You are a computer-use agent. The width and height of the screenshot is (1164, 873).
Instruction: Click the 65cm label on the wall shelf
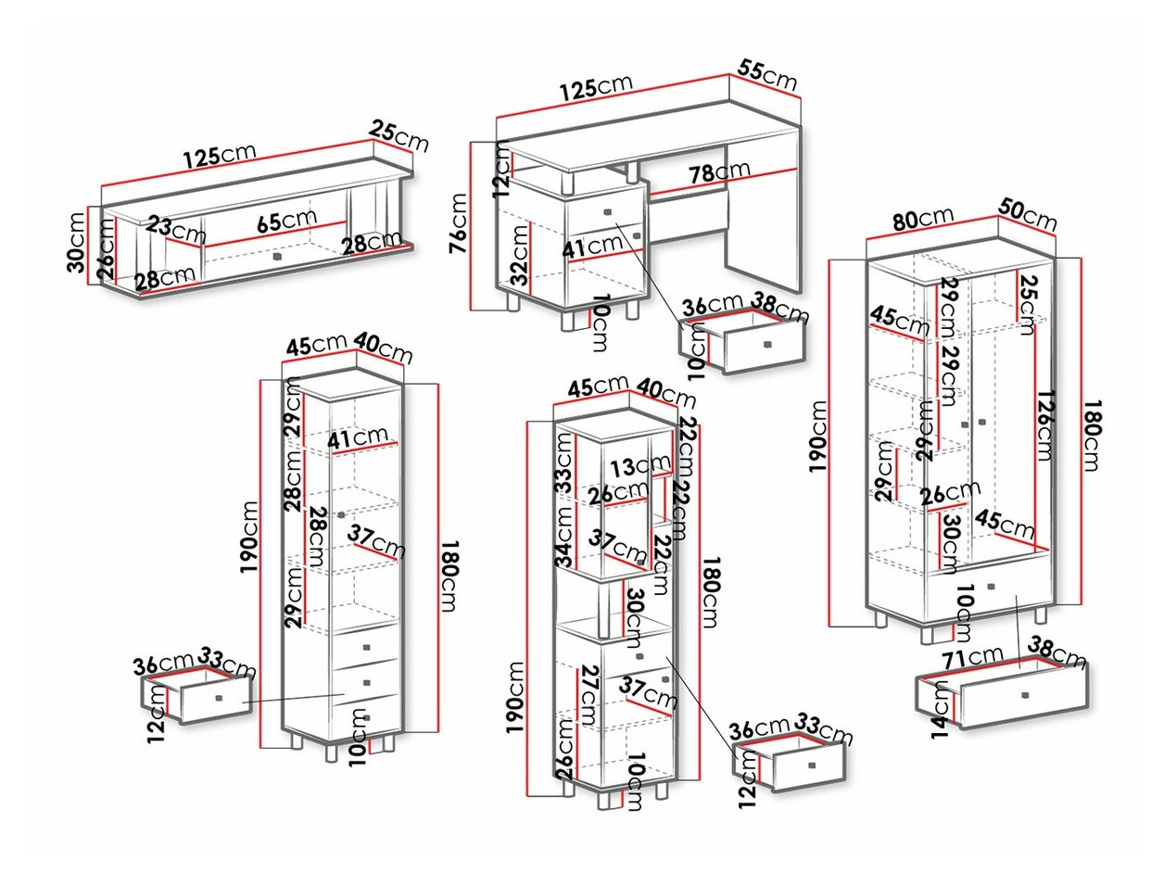click(x=286, y=221)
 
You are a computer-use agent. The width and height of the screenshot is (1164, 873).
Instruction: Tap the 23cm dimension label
click(x=175, y=227)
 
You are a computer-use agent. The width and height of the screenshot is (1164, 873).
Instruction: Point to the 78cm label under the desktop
click(x=719, y=171)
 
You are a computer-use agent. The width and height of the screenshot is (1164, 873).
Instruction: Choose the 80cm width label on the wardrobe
click(x=923, y=218)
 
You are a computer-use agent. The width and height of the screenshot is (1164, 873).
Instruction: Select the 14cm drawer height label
click(x=941, y=708)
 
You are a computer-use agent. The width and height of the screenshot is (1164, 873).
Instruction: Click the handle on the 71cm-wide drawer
click(x=1025, y=694)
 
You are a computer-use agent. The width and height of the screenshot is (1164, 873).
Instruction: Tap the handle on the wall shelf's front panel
click(x=276, y=256)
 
